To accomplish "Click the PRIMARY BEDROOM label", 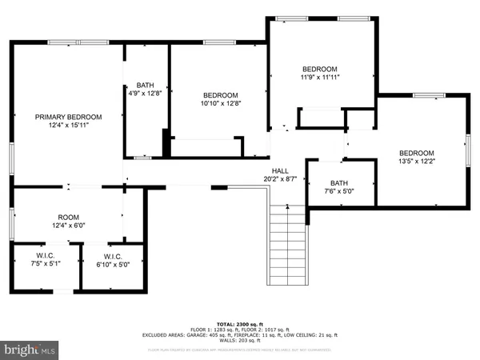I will pyautogui.click(x=66, y=117).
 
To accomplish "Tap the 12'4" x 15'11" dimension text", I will pyautogui.click(x=66, y=126).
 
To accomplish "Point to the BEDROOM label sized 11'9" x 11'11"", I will pyautogui.click(x=320, y=69).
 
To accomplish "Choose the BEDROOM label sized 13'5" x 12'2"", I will pyautogui.click(x=416, y=153).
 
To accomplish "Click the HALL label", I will pyautogui.click(x=280, y=170).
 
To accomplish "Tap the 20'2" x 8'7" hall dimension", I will pyautogui.click(x=280, y=179).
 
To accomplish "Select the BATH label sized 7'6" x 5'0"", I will pyautogui.click(x=339, y=182).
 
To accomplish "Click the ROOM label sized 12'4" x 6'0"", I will pyautogui.click(x=68, y=217).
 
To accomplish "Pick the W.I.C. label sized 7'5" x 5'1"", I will pyautogui.click(x=45, y=255).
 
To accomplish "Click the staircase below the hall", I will pyautogui.click(x=286, y=244).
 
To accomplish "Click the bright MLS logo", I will pyautogui.click(x=30, y=349).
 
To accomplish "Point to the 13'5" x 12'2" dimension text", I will pyautogui.click(x=416, y=162).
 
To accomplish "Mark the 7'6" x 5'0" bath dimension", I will pyautogui.click(x=339, y=190).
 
